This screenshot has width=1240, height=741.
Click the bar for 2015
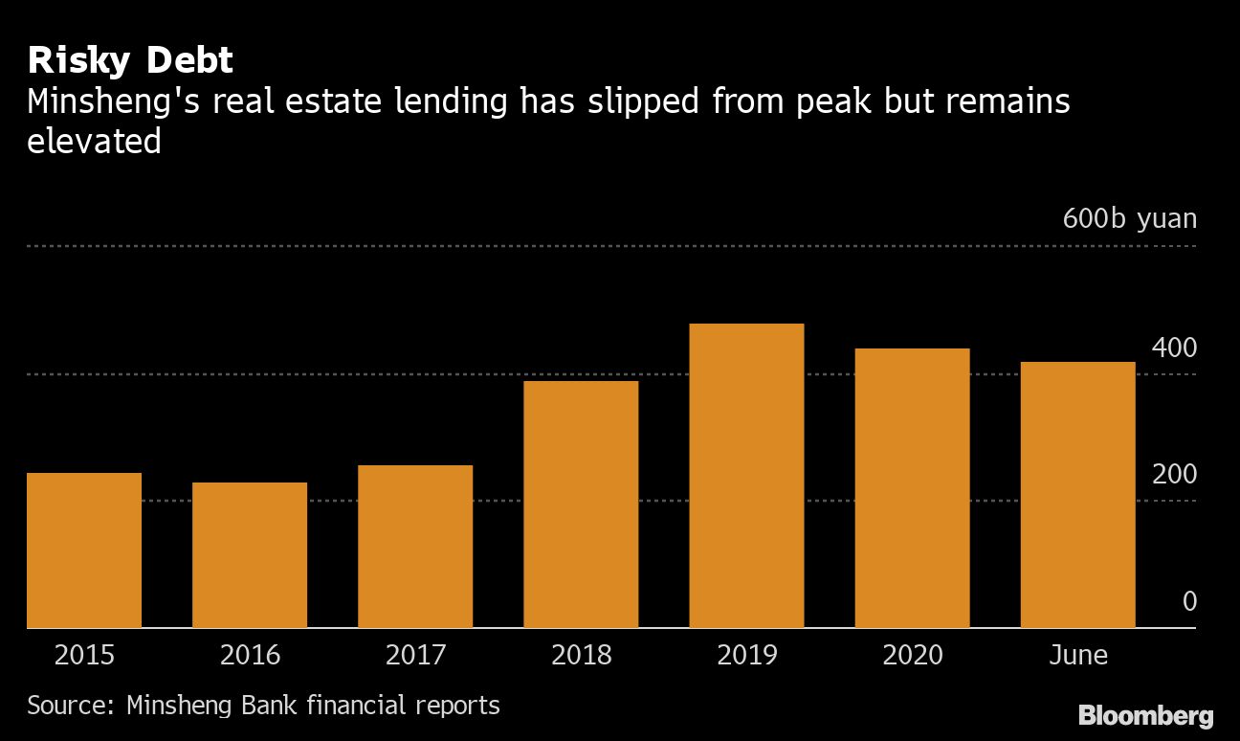click(84, 550)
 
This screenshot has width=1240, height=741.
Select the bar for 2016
click(250, 555)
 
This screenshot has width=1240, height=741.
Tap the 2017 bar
click(415, 547)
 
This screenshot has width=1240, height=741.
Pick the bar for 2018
click(581, 505)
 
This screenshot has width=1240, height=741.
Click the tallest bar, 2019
click(746, 476)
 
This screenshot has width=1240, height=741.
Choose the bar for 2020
click(912, 488)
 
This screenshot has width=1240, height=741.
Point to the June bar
click(1077, 495)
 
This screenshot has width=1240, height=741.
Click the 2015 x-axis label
click(84, 655)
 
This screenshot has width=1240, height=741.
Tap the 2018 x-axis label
click(581, 655)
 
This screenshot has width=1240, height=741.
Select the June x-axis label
click(1077, 655)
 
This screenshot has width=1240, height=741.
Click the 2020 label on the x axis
click(912, 655)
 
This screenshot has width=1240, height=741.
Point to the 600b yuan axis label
click(1129, 218)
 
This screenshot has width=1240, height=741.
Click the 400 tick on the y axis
click(1174, 348)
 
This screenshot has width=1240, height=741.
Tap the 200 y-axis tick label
click(1174, 475)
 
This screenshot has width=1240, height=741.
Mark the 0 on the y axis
click(1189, 601)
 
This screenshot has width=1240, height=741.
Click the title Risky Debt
click(130, 60)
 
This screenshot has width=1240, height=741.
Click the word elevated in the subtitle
click(94, 142)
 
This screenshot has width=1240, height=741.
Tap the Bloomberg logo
click(1145, 715)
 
